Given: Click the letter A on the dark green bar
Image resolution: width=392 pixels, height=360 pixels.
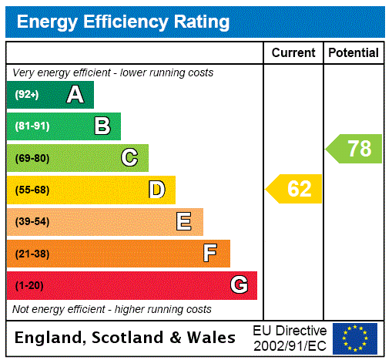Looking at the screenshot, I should tap(75, 95).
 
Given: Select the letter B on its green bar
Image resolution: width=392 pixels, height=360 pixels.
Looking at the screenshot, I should tap(102, 126).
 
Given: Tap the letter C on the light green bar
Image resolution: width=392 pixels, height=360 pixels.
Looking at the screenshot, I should tap(129, 158).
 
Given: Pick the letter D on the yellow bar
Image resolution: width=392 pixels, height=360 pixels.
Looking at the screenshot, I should tap(156, 190).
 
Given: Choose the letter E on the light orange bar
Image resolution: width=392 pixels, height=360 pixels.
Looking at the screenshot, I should tap(184, 222).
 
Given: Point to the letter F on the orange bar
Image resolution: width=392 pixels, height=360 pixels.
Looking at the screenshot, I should tap(210, 254).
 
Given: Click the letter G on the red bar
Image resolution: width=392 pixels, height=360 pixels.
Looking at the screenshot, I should tap(239, 285).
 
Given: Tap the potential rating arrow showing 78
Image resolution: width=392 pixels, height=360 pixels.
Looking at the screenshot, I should tap(354, 148).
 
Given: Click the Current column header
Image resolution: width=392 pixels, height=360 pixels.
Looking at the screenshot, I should tap(293, 53).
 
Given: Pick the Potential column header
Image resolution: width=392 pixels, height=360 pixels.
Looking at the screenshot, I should tap(353, 53).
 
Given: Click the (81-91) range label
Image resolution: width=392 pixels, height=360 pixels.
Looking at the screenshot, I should tap(32, 126).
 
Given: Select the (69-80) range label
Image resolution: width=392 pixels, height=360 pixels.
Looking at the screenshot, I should tap(32, 158).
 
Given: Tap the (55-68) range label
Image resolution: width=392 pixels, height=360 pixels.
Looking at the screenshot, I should tap(32, 190).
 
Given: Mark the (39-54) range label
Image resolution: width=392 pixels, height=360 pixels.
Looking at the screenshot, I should tap(32, 222).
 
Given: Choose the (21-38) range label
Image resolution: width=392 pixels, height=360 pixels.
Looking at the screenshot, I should tap(32, 254).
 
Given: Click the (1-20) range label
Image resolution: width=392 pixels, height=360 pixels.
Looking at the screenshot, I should tap(29, 285).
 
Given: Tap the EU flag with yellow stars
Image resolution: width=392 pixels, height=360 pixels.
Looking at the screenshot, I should tap(354, 338).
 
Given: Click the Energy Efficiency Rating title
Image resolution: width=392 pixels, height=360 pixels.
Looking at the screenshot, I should tap(123, 22).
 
